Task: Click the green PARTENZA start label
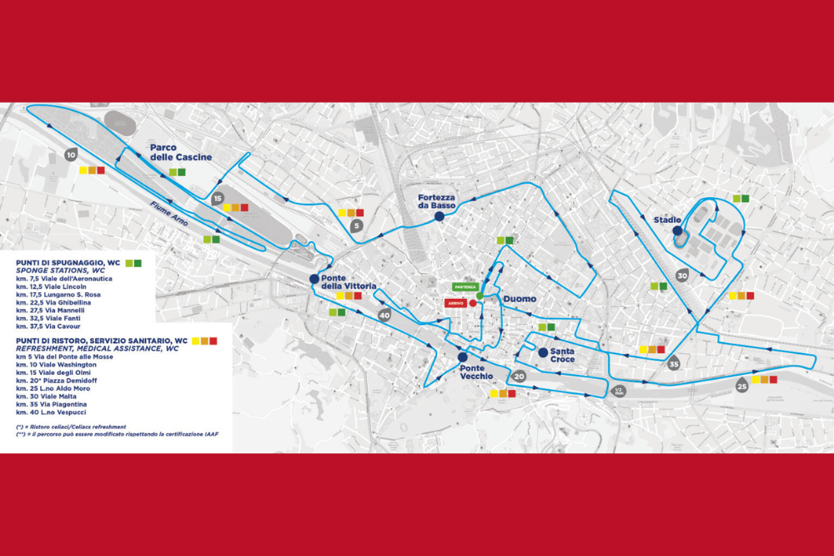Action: [x=465, y=286]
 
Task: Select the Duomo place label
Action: [x=520, y=299]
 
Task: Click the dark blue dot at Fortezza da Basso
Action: [x=439, y=217]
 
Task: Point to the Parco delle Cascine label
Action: [x=181, y=152]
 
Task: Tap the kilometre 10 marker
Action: [x=71, y=154]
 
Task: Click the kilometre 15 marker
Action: [x=218, y=199]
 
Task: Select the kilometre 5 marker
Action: [x=356, y=225]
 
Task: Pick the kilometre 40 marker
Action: [x=384, y=316]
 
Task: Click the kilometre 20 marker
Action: [x=519, y=377]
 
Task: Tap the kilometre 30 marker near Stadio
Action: [x=682, y=275]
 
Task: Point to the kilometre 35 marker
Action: [x=674, y=363]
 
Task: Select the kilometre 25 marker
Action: [x=742, y=386]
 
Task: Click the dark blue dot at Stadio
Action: [x=677, y=231]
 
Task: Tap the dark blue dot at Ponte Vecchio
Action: [x=462, y=357]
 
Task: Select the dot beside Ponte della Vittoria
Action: [x=314, y=279]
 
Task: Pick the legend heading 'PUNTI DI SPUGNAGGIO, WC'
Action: [x=68, y=262]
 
